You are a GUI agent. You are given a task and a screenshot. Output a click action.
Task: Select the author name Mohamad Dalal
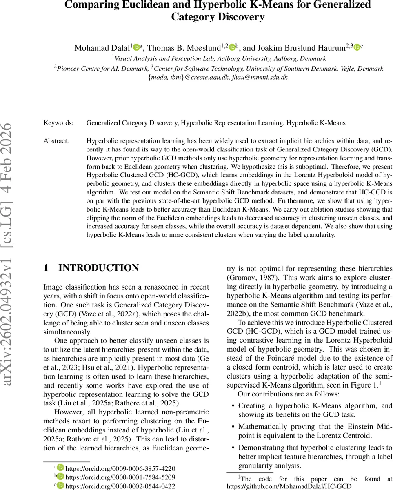[x=102, y=48]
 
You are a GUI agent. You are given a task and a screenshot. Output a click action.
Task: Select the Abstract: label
[x=56, y=140]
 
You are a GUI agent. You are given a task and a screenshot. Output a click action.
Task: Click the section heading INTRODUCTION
[x=99, y=268]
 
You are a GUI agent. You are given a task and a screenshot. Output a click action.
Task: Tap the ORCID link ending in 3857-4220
[x=120, y=468]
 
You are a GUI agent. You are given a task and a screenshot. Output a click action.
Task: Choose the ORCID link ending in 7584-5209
[x=120, y=477]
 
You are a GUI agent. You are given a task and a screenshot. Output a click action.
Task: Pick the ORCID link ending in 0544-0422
[x=120, y=486]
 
